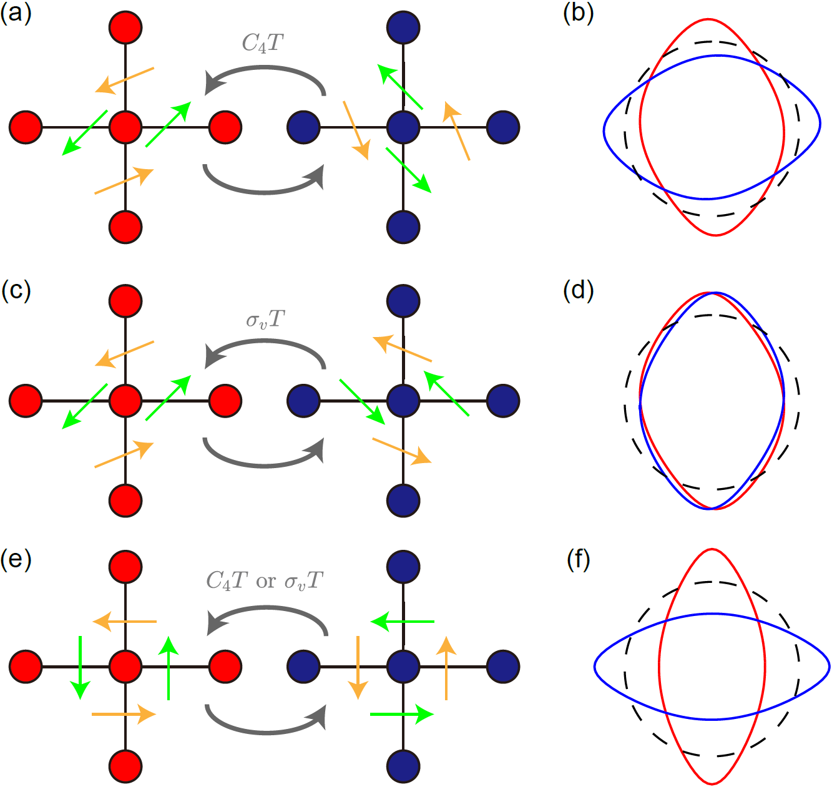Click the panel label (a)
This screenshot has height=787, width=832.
(16, 13)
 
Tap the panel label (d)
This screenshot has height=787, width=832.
(578, 290)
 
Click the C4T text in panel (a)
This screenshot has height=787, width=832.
(263, 43)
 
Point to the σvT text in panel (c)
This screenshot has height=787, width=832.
(265, 320)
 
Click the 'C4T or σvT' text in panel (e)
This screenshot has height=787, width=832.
(265, 581)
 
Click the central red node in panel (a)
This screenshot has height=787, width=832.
(125, 127)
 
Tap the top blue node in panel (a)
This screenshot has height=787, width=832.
(403, 27)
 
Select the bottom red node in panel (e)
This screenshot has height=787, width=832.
(125, 766)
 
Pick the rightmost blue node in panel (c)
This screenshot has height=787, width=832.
(503, 401)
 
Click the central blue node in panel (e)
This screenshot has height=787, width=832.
(403, 667)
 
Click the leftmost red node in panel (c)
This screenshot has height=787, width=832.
(26, 401)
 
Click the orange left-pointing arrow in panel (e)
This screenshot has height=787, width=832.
(125, 622)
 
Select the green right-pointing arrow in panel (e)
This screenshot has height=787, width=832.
(402, 713)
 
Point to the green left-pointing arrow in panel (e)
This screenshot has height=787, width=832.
(403, 622)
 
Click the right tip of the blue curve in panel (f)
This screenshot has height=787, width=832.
(830, 667)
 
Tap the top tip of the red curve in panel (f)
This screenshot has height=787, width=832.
(712, 549)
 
